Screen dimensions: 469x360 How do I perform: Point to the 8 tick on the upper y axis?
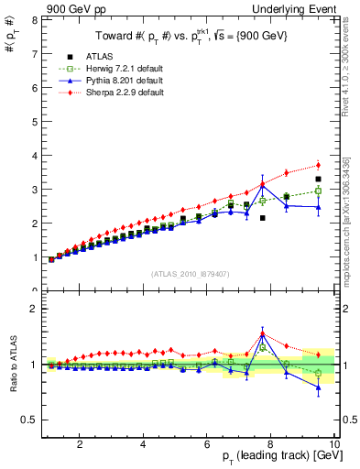click(34, 19)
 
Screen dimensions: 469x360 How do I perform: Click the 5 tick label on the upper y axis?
click(34, 121)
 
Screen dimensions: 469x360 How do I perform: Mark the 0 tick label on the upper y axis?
click(34, 290)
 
